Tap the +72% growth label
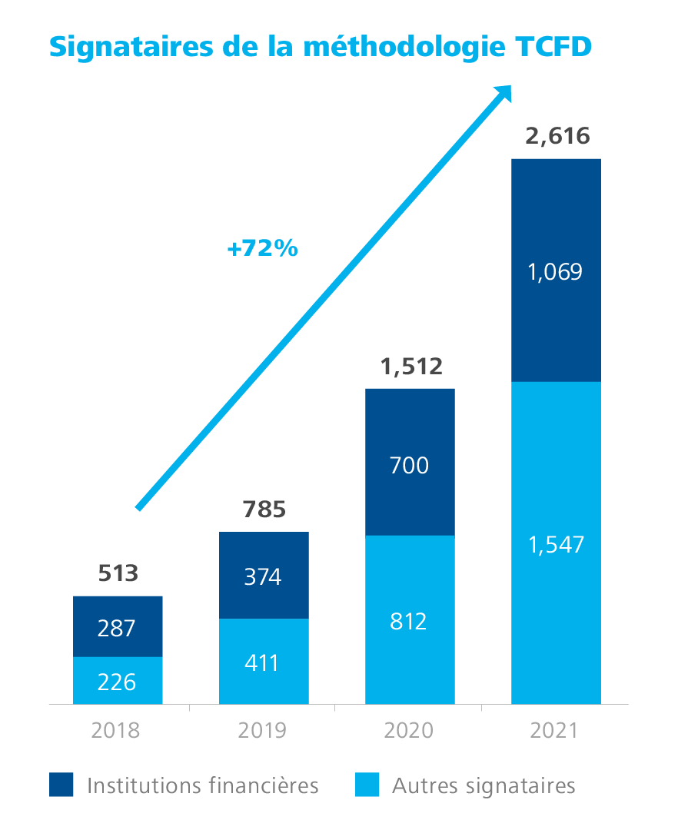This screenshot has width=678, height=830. (263, 249)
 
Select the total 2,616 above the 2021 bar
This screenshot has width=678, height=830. (557, 137)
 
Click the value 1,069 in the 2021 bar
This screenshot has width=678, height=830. (556, 272)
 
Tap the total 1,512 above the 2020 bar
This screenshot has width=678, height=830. (411, 367)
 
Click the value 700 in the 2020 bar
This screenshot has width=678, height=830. (410, 465)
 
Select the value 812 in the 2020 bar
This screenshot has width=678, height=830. (408, 620)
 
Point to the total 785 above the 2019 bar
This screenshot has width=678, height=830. (264, 510)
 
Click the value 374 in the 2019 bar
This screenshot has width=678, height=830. (263, 576)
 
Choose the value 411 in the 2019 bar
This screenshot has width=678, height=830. (263, 662)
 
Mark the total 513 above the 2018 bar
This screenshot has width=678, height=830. (118, 573)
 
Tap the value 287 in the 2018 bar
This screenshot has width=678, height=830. (117, 628)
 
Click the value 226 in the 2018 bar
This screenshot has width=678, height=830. (117, 682)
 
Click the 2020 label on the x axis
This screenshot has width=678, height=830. (408, 730)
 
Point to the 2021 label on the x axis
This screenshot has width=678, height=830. (553, 730)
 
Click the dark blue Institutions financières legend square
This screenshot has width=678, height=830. (61, 785)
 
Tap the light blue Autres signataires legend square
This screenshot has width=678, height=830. (367, 785)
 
